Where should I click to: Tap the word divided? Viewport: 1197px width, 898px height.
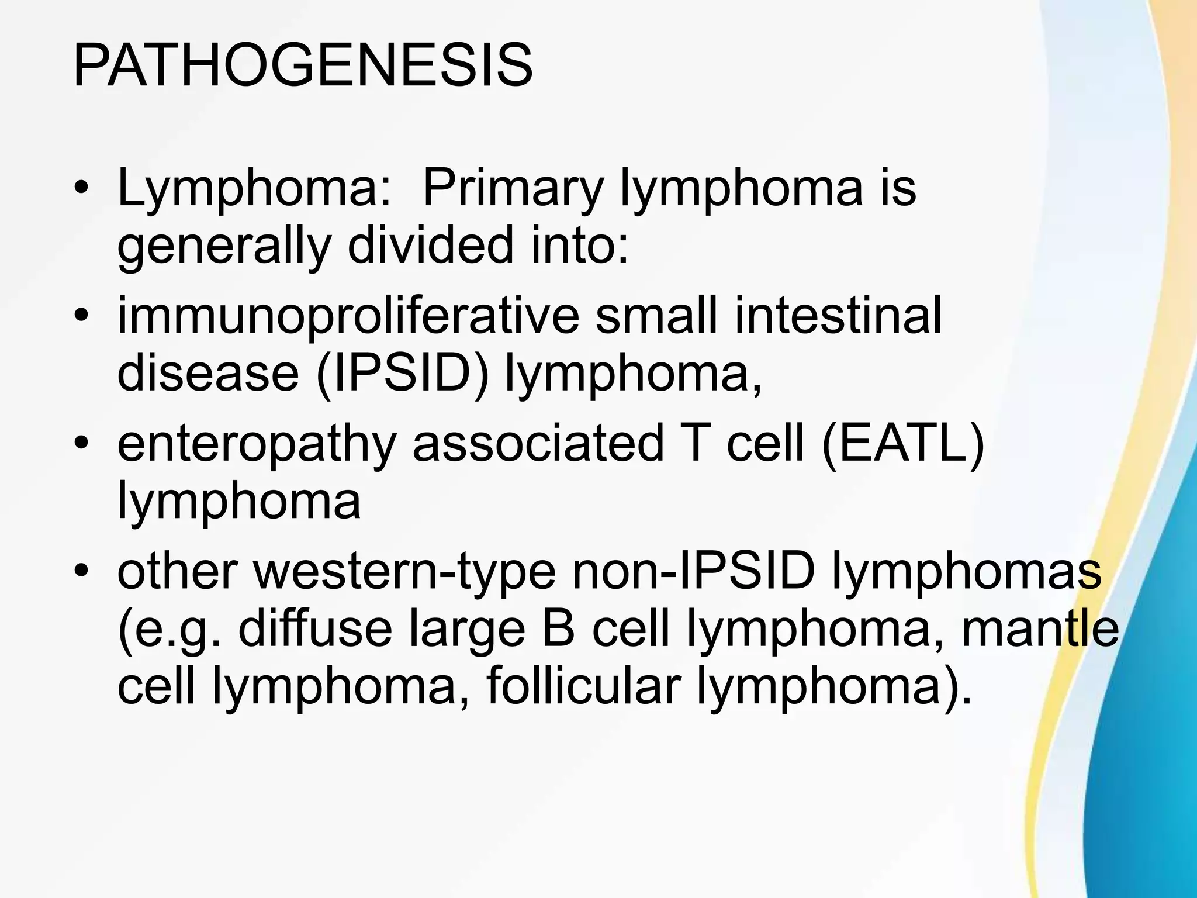pos(430,246)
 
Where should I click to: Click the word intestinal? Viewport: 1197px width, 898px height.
pos(838,316)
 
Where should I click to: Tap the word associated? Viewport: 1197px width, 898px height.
pos(538,443)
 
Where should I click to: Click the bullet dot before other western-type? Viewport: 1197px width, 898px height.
pos(81,572)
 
